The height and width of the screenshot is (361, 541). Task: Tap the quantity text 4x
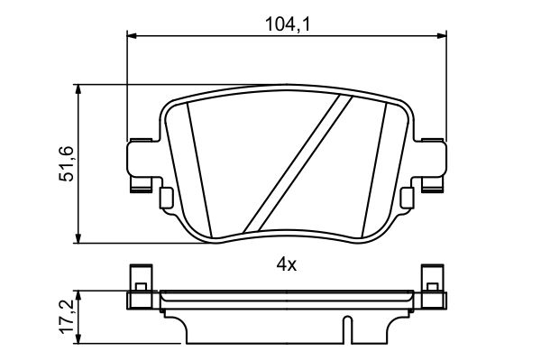click(x=286, y=265)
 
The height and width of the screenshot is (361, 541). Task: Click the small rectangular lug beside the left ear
click(x=166, y=196)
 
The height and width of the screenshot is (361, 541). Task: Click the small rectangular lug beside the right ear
click(x=407, y=196)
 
